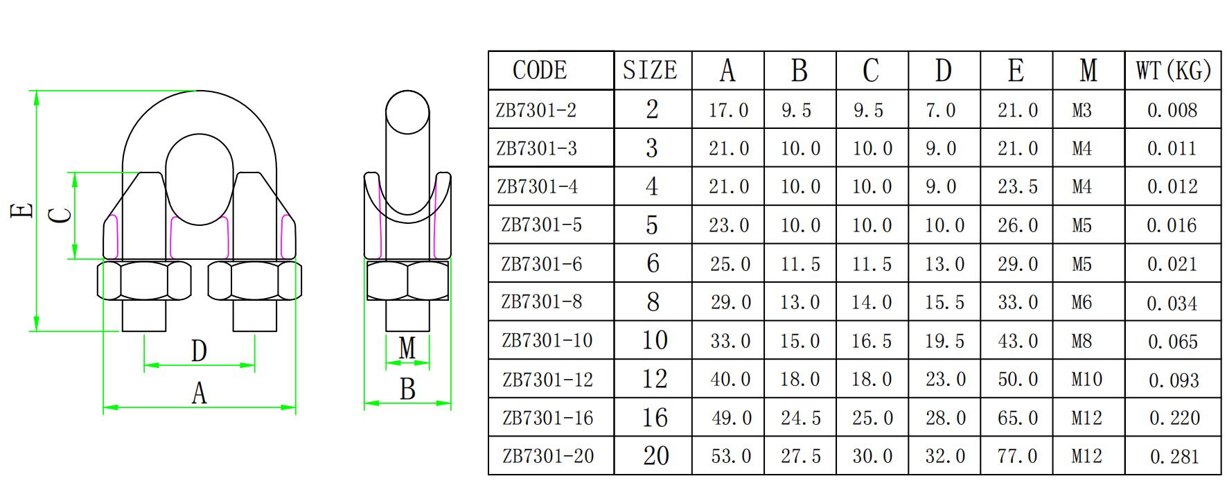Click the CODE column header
[x=540, y=70]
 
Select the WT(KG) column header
[x=1173, y=70]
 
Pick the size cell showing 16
[x=655, y=418]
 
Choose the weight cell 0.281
[x=1174, y=456]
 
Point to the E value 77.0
[x=1018, y=456]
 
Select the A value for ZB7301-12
[x=730, y=379]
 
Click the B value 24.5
[x=800, y=418]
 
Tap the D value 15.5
[x=944, y=302]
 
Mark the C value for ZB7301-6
[x=872, y=264]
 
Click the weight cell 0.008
[x=1172, y=110]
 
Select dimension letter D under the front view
[x=199, y=351]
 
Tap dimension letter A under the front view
[x=199, y=394]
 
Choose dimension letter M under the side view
[x=407, y=349]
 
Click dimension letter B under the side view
[x=407, y=390]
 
